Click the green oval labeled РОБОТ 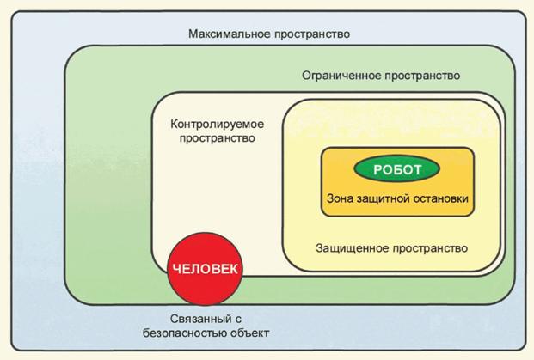pyautogui.click(x=396, y=168)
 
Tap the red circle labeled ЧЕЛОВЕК pyautogui.click(x=205, y=268)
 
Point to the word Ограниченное pyautogui.click(x=339, y=76)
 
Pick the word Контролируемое pyautogui.click(x=217, y=122)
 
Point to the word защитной pyautogui.click(x=386, y=198)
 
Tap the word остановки pyautogui.click(x=442, y=198)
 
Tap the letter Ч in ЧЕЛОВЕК pyautogui.click(x=176, y=269)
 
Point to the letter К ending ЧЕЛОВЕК pyautogui.click(x=233, y=269)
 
